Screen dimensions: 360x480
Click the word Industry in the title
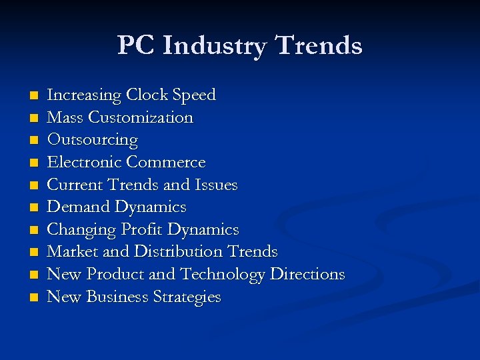214,46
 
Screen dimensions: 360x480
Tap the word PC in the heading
136,45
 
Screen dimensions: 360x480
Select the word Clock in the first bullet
147,95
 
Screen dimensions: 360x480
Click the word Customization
140,118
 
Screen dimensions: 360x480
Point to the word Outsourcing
92,140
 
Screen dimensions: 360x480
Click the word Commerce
166,162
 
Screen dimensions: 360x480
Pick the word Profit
142,229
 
